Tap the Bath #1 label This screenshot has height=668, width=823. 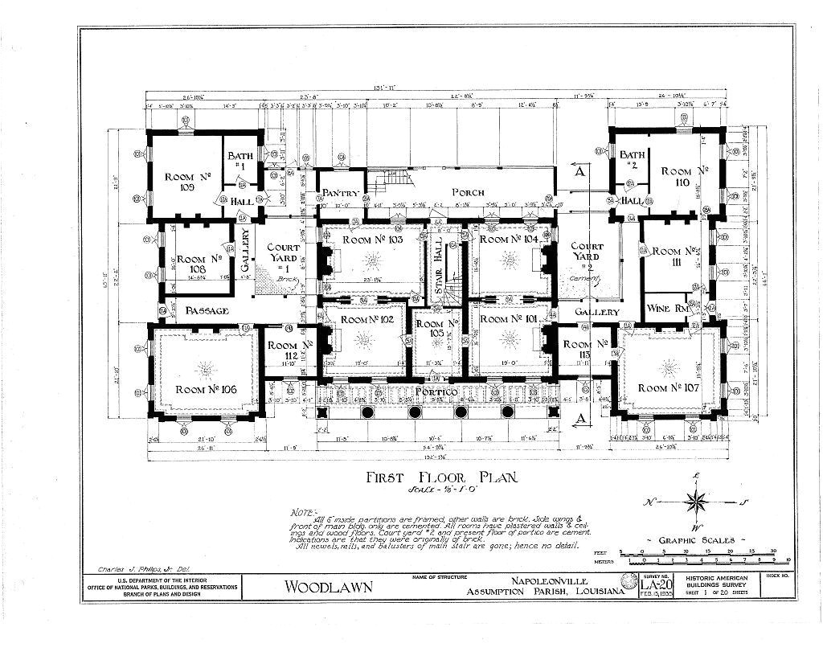240,161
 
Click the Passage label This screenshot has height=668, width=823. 207,310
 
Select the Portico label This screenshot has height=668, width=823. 436,391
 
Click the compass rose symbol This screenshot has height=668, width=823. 695,502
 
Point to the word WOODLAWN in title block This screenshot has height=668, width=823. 329,587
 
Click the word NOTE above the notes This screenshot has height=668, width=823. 306,510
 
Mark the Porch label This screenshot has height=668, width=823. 467,192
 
